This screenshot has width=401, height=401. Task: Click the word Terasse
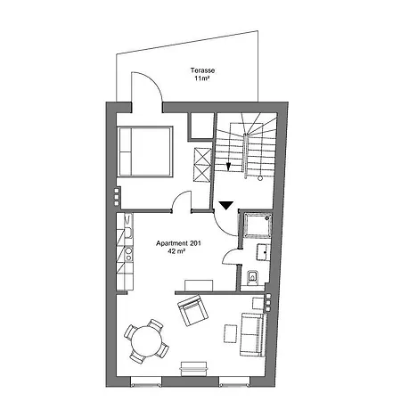(x=202, y=70)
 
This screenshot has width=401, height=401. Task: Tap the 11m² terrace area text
(x=202, y=78)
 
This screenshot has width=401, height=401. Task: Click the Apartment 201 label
(x=178, y=243)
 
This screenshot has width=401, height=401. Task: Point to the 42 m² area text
(x=176, y=251)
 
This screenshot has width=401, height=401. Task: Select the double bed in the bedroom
(x=145, y=151)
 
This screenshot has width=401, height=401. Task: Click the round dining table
(x=147, y=341)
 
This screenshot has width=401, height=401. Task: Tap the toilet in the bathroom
(x=252, y=277)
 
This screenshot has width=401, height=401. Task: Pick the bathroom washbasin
(x=264, y=252)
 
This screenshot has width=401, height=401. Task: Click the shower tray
(x=258, y=225)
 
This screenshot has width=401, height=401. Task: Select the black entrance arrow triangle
(x=226, y=205)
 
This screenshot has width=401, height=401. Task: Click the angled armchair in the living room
(x=192, y=310)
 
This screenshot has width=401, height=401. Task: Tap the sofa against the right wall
(x=252, y=334)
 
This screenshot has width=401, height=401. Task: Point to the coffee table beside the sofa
(x=231, y=333)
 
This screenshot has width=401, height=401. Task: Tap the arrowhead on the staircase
(x=228, y=167)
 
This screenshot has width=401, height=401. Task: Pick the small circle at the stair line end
(x=260, y=178)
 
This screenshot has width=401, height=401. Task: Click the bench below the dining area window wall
(x=193, y=369)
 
